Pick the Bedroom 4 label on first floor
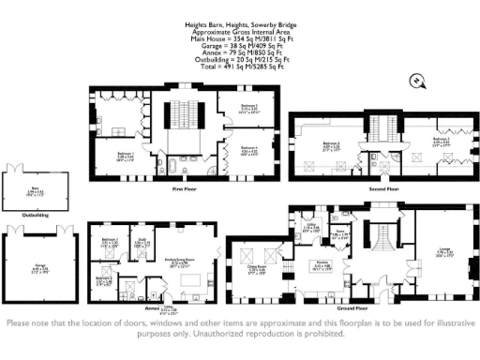(246, 149)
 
